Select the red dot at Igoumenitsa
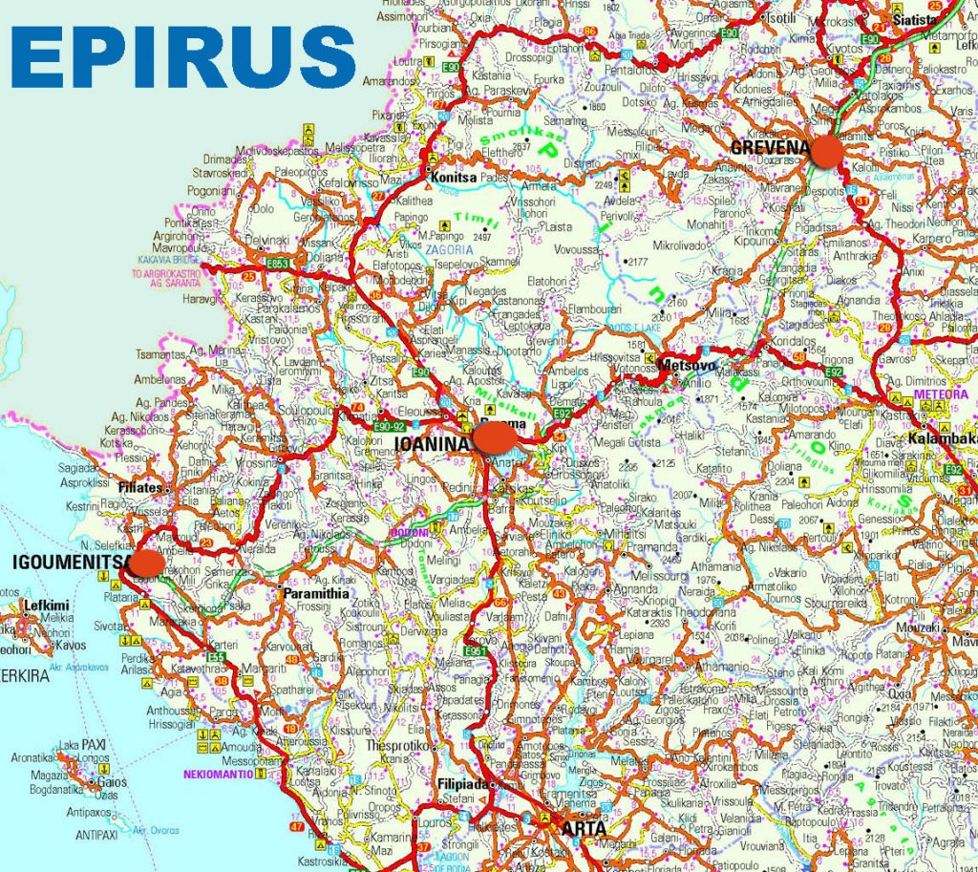pyautogui.click(x=145, y=563)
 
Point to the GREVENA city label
pyautogui.click(x=770, y=147)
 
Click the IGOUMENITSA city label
pyautogui.click(x=67, y=561)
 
